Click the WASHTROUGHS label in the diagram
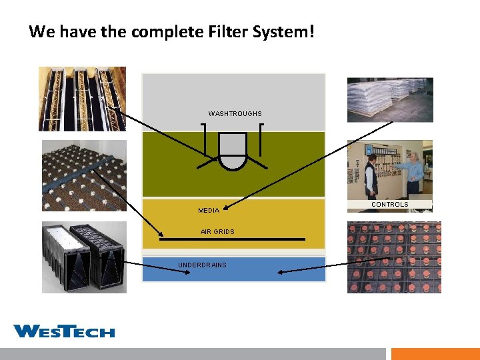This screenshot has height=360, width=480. tap(235, 114)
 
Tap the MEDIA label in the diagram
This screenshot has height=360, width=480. tap(209, 211)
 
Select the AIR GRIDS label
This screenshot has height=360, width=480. tap(217, 232)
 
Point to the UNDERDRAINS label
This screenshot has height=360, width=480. tap(202, 265)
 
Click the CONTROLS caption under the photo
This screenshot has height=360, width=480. tap(389, 205)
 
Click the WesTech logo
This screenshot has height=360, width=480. tap(64, 331)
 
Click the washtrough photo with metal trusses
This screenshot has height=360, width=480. tap(82, 99)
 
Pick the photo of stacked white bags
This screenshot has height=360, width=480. tap(389, 99)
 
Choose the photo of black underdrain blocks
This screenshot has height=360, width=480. tap(83, 257)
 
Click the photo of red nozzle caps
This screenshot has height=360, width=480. tap(394, 257)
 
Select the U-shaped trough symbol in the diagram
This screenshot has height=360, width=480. tap(233, 152)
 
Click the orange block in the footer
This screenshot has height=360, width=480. tap(435, 354)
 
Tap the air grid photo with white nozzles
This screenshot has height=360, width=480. tap(83, 176)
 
